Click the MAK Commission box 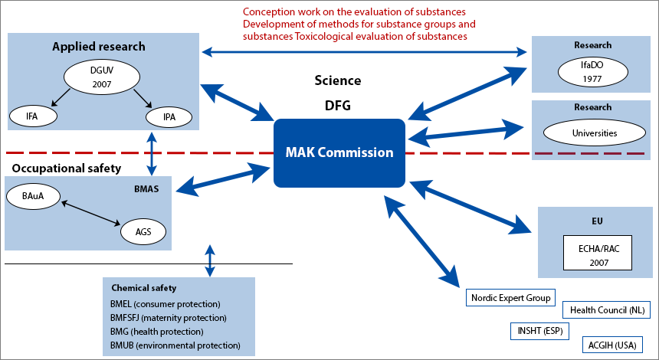point(339,152)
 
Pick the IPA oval point(169,116)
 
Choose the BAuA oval point(33,197)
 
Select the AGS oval point(143,231)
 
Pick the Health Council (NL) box point(605,310)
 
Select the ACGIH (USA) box point(611,345)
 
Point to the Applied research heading point(99,47)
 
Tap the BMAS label point(146,186)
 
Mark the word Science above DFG point(338,80)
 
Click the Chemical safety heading point(144,288)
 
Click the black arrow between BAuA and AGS point(90,214)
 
